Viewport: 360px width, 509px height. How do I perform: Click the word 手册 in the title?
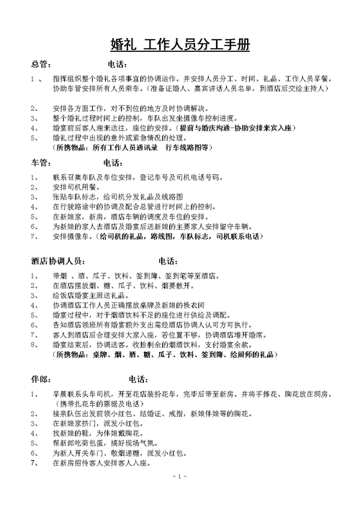click(x=238, y=45)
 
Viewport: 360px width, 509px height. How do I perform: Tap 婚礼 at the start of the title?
click(x=125, y=45)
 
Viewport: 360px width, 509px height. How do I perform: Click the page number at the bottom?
click(x=180, y=497)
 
